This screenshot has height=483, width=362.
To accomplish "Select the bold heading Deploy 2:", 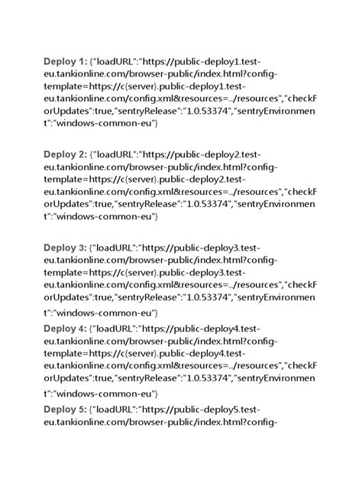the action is click(66, 154).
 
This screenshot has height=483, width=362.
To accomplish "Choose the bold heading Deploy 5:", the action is click(66, 410).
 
